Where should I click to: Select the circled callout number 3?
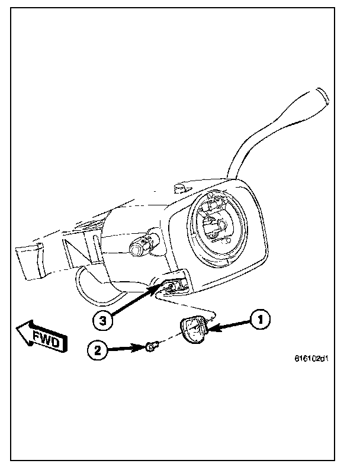(103, 320)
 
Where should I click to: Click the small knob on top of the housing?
(179, 189)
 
